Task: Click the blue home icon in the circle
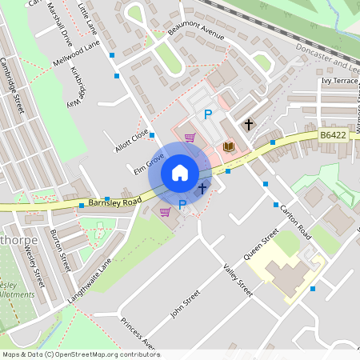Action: pyautogui.click(x=180, y=173)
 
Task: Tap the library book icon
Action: pyautogui.click(x=229, y=146)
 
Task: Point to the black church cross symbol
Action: pyautogui.click(x=249, y=124)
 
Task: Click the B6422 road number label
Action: pyautogui.click(x=333, y=136)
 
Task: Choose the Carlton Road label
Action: pyautogui.click(x=294, y=219)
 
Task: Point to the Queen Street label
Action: pyautogui.click(x=261, y=244)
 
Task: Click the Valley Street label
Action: pyautogui.click(x=238, y=280)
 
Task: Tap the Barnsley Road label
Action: pyautogui.click(x=115, y=200)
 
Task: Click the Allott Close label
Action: pyautogui.click(x=131, y=140)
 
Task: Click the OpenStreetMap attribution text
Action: pyautogui.click(x=81, y=354)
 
